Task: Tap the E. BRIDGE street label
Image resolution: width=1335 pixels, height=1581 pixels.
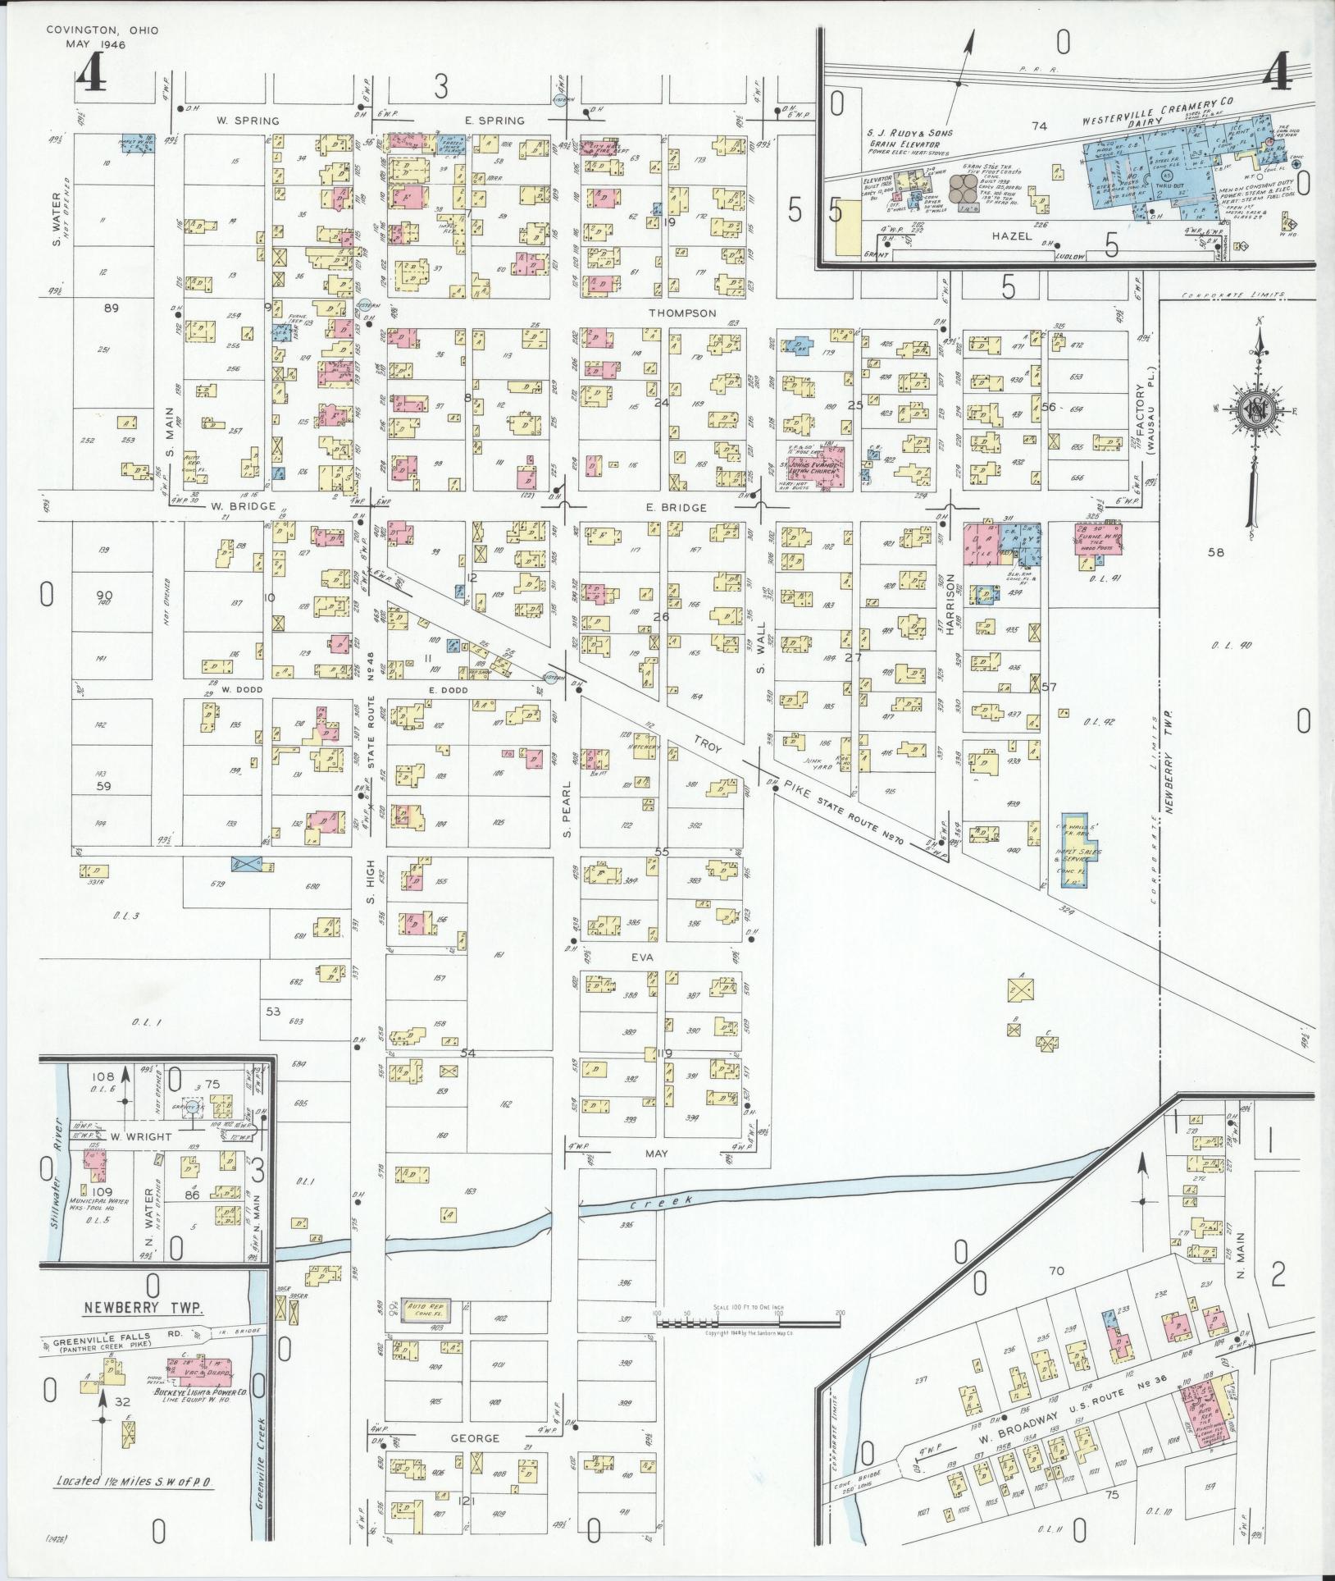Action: tap(676, 508)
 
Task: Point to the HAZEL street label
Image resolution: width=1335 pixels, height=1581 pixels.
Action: tap(1009, 235)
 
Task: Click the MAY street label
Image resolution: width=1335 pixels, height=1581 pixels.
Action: tap(656, 1153)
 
